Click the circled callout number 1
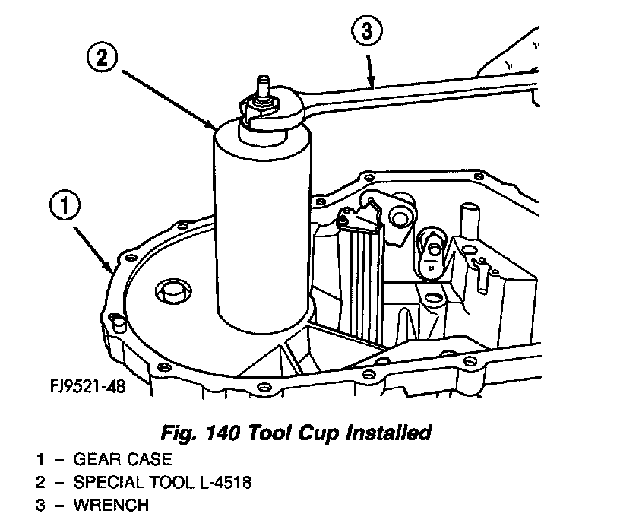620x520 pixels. coord(66,206)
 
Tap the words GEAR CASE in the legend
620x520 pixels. coord(122,459)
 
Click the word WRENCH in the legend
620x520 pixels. coord(112,505)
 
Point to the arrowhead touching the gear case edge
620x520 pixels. coord(112,267)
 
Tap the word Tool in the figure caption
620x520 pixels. coord(253,433)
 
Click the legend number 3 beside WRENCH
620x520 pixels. coord(39,505)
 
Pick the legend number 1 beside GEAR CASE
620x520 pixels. coord(39,459)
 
